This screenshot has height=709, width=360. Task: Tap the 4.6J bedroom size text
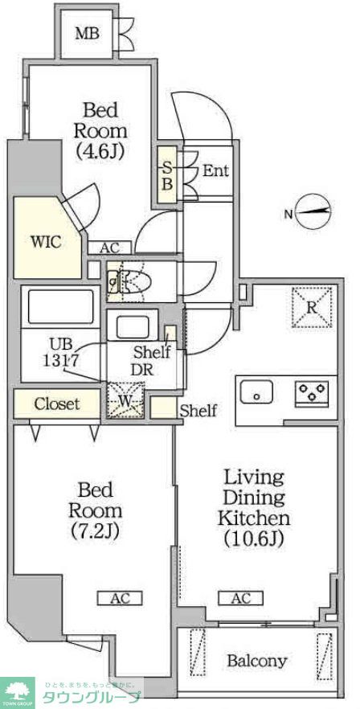100,150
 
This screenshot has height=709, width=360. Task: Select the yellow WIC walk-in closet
45,240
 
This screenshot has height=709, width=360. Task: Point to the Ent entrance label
215,170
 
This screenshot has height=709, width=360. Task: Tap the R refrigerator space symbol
311,307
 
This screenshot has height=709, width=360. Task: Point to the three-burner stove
312,392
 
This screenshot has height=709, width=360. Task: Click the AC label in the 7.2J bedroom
119,598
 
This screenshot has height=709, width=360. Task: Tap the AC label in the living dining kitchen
240,598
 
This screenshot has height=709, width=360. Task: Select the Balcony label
256,662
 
